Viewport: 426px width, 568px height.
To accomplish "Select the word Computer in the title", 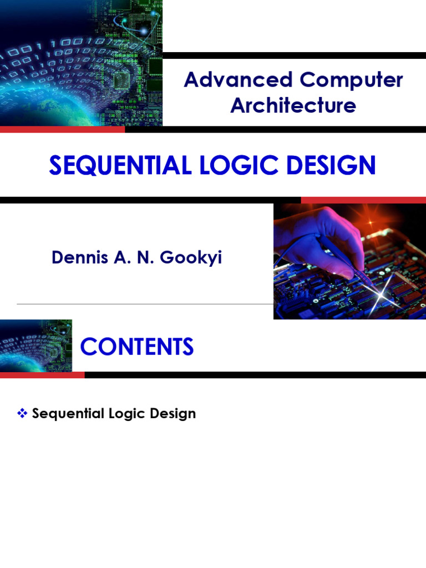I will (x=351, y=80).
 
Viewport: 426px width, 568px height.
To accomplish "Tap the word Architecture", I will (x=293, y=105).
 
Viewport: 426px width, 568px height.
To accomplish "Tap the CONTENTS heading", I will (x=137, y=347).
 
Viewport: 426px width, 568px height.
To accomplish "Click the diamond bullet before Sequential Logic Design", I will (x=23, y=413).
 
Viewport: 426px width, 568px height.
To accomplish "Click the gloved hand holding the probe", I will (x=322, y=239).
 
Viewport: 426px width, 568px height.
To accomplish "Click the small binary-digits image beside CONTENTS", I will (x=36, y=345).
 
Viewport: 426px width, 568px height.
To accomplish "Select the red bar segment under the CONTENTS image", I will (x=42, y=375).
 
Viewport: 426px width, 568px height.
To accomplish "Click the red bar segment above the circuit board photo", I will (x=363, y=200).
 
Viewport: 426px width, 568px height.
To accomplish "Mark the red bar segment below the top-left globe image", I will (x=62, y=129).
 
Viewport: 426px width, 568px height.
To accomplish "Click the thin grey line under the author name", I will (x=144, y=304).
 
